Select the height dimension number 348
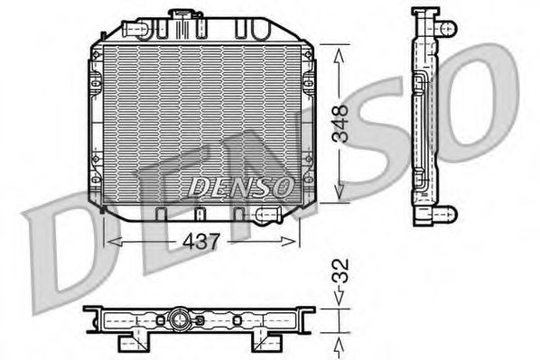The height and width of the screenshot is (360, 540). pos(340,122)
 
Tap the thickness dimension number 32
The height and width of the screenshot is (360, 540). pos(340,270)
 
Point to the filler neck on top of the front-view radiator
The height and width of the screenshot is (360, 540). pos(187,16)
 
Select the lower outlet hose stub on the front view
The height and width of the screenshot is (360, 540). pos(268,214)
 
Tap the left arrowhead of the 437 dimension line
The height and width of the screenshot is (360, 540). pos(110,241)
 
